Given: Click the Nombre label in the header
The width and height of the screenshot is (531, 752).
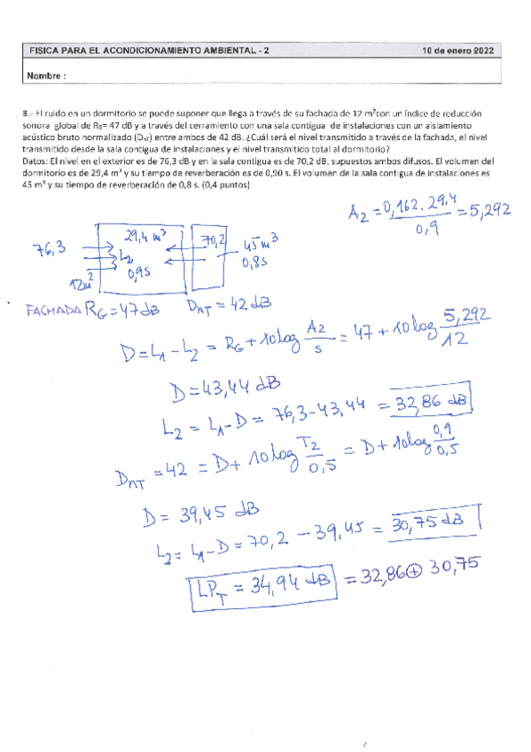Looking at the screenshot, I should pos(47,76).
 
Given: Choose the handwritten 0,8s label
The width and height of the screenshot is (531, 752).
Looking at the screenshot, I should pos(258,263).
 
